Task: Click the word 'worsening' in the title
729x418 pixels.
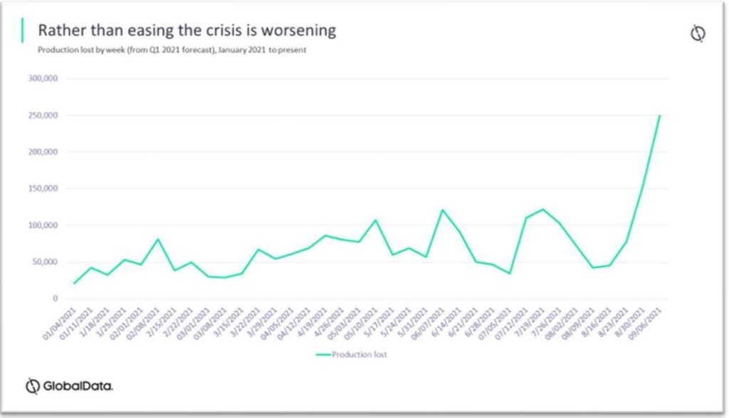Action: coord(299,31)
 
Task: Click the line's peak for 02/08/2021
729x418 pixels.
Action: coord(157,239)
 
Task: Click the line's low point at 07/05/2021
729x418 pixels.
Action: coord(510,273)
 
